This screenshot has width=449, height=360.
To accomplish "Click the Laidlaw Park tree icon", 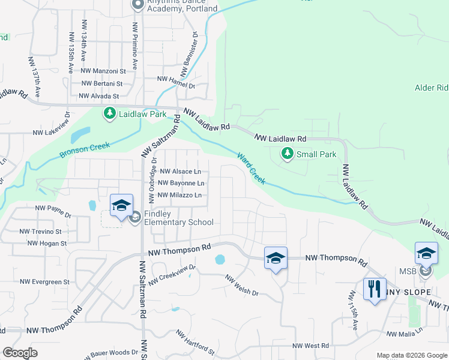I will tap(109, 113).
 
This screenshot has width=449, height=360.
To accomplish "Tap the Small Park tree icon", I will tap(288, 155).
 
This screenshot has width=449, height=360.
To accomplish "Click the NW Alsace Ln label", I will tap(179, 171).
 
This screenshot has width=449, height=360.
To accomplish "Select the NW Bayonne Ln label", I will tap(181, 183).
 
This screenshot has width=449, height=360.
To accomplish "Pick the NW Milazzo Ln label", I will tap(179, 195).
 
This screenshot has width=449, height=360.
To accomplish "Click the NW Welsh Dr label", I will tap(242, 286).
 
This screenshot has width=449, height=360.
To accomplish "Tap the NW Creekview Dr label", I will tap(172, 274).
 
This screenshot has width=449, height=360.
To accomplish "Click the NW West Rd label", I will tap(311, 346).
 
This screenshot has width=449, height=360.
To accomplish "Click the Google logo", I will tap(20, 353).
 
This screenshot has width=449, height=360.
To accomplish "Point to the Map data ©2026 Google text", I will tap(411, 355).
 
